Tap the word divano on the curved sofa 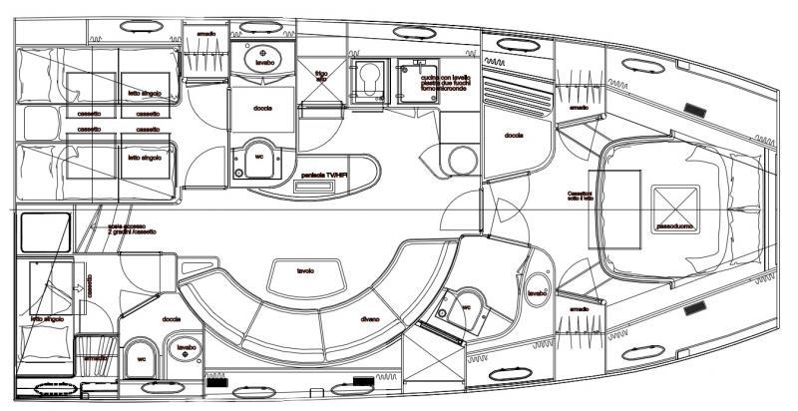(x=372, y=318)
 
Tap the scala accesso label (x=129, y=228)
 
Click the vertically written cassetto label (x=89, y=288)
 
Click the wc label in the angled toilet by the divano (x=466, y=308)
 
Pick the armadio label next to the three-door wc (x=580, y=310)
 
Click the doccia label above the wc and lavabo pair (x=170, y=320)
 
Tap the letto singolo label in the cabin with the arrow (x=48, y=318)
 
